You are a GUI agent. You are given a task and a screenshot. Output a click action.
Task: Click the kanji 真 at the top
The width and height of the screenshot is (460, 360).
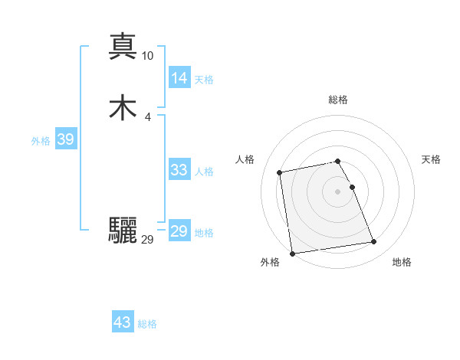[123, 45]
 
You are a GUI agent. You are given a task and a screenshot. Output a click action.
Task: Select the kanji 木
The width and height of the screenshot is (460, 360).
[123, 109]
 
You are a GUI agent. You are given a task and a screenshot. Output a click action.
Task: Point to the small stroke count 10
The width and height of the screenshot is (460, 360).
[148, 55]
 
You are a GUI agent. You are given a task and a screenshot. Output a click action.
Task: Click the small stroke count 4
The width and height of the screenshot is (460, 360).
[148, 117]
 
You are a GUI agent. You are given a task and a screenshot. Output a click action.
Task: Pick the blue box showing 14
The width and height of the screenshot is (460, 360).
[179, 77]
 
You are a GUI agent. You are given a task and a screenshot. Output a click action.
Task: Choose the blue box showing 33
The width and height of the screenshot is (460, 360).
[179, 170]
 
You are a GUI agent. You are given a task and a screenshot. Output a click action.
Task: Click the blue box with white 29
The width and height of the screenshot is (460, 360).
[179, 231]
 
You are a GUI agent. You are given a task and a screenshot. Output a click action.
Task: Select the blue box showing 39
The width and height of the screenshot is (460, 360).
[65, 139]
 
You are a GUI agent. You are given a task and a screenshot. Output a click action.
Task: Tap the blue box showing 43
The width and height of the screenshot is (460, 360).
[122, 322]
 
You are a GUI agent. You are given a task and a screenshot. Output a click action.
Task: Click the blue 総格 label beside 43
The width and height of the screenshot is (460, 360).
[147, 324]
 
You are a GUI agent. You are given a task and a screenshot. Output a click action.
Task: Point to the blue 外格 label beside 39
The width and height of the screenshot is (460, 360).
[41, 141]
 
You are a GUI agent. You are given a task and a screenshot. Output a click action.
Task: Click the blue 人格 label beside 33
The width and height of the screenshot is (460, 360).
[205, 172]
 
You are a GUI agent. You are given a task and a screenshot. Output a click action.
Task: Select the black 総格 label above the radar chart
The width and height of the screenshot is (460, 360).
[337, 100]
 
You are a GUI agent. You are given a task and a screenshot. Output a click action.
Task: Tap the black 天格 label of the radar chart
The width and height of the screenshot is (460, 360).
[431, 159]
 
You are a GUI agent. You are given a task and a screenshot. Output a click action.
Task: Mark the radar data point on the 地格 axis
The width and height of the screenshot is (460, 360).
[374, 242]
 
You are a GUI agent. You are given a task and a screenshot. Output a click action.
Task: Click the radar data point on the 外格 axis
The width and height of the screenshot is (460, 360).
[292, 253]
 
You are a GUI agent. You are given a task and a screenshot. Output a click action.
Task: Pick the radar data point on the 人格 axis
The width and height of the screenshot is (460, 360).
[280, 172]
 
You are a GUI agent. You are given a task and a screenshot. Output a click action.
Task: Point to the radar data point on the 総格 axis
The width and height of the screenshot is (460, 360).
[337, 161]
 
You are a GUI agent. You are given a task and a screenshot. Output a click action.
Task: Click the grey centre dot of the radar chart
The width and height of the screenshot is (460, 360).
[337, 191]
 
